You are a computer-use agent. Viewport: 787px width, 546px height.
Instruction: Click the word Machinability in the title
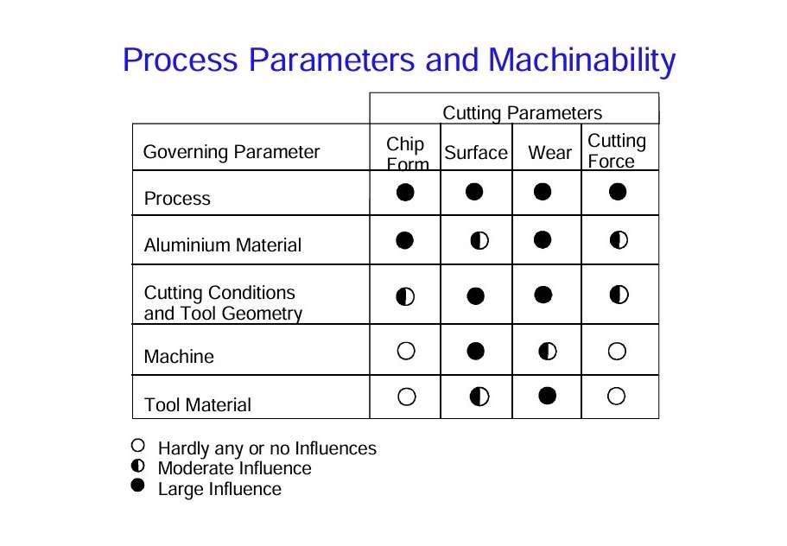coord(581,60)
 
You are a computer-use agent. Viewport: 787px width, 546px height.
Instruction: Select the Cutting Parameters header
coord(522,113)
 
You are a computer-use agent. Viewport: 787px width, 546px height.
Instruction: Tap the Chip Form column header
coord(407,153)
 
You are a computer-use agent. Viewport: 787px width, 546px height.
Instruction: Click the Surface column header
coord(476,153)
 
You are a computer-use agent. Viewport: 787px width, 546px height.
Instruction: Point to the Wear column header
coord(549,153)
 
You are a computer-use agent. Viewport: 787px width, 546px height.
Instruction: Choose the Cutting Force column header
coord(616,151)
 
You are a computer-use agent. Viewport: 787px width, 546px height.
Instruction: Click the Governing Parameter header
coord(232,151)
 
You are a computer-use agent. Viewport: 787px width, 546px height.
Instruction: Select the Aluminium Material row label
coord(222,244)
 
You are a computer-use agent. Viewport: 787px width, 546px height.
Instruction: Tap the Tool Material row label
coord(197,404)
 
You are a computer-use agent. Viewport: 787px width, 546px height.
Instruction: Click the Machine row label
coord(179,356)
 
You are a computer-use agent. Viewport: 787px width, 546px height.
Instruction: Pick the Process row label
coord(177,199)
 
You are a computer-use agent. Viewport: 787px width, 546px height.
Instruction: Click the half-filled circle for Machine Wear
coord(547,351)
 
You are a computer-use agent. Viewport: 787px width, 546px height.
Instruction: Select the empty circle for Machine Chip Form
coord(406,351)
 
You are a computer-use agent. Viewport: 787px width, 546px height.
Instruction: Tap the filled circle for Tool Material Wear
coord(547,396)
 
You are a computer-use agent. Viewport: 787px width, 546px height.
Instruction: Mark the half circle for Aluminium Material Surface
coord(479,241)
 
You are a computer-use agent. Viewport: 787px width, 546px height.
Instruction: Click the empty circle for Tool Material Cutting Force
coord(616,396)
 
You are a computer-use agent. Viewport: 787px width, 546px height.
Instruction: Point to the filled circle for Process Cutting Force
coord(618,192)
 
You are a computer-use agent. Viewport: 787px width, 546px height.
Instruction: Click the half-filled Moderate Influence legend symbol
coord(137,466)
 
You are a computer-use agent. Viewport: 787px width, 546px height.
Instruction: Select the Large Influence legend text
coord(219,489)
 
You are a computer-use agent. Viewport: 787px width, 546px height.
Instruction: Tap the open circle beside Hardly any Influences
coord(137,445)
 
